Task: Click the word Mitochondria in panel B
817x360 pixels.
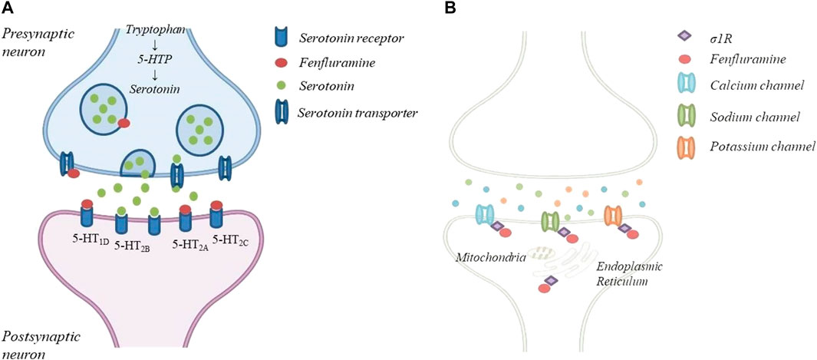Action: (x=487, y=258)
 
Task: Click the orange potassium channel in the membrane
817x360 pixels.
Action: (x=612, y=217)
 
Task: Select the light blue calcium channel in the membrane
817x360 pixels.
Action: (x=485, y=216)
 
